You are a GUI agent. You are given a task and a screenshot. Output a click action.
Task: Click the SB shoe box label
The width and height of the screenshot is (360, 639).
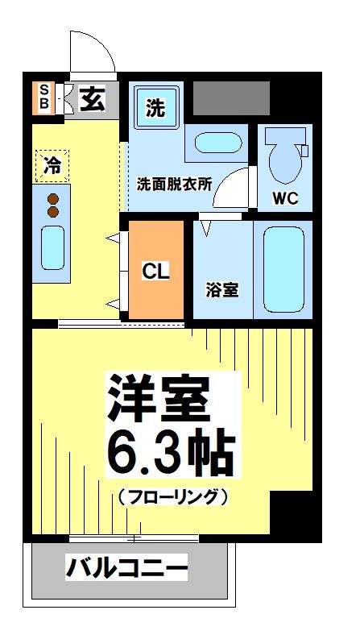click(43, 98)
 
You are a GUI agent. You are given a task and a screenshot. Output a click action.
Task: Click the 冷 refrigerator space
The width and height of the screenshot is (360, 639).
click(52, 166)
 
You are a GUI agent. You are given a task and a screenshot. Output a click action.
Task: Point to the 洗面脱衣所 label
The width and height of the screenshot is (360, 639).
click(174, 183)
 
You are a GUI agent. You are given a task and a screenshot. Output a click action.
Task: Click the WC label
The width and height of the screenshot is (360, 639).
click(285, 198)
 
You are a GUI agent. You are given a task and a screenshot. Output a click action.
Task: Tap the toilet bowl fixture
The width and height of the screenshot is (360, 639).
click(283, 158)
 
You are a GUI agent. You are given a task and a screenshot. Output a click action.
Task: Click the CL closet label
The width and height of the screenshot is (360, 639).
click(156, 272)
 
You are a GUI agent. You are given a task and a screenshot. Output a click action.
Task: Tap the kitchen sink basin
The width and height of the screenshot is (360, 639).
click(52, 247)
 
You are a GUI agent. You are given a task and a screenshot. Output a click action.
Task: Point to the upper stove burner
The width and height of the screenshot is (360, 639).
click(53, 199)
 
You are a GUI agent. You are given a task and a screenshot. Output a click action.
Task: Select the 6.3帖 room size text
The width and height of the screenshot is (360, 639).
click(171, 454)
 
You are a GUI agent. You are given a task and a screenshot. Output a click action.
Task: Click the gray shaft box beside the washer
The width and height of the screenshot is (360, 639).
click(230, 98)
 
